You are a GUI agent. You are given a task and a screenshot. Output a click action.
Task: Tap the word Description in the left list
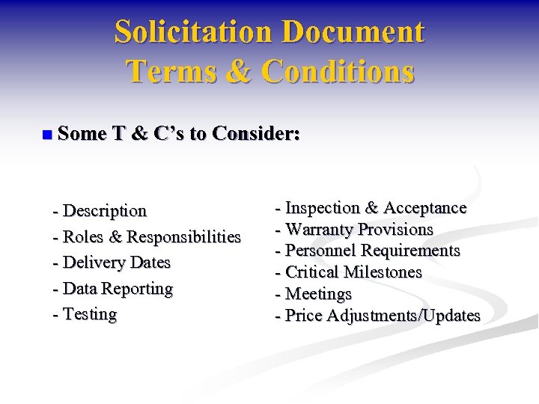(105, 211)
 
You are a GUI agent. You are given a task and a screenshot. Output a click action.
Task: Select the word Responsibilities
(184, 237)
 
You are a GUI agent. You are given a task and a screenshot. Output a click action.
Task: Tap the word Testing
(90, 313)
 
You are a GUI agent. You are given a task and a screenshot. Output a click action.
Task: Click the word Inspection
(323, 207)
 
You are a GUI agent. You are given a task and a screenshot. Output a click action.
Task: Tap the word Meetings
(319, 294)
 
